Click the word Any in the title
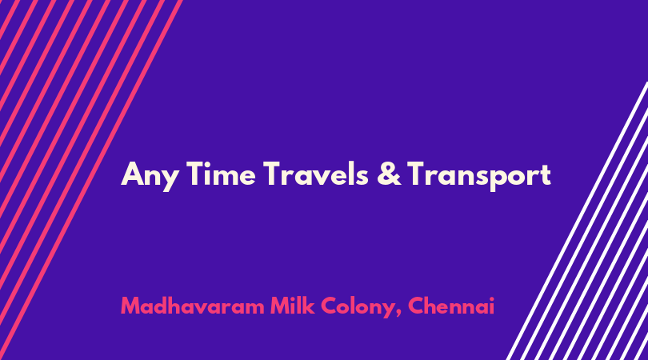pyautogui.click(x=150, y=176)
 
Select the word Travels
pyautogui.click(x=315, y=174)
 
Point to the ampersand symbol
pyautogui.click(x=389, y=174)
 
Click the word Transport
pyautogui.click(x=479, y=176)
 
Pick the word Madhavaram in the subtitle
pyautogui.click(x=193, y=306)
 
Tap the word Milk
pyautogui.click(x=292, y=306)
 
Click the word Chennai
pyautogui.click(x=451, y=306)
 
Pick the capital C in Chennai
pyautogui.click(x=417, y=306)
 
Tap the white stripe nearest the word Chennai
pyautogui.click(x=578, y=221)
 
